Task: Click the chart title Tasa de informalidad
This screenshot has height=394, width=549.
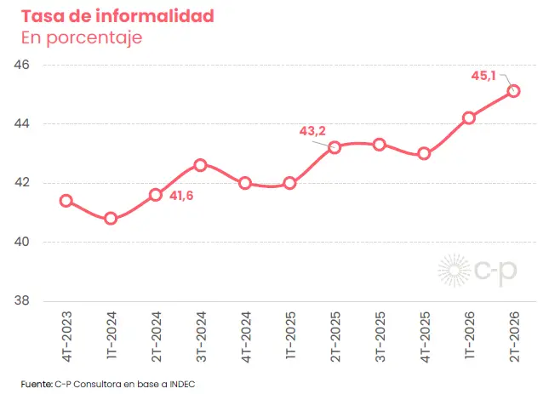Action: click(x=117, y=16)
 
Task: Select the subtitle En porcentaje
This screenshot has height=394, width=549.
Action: click(x=82, y=37)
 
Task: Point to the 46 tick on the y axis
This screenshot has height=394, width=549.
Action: click(x=21, y=65)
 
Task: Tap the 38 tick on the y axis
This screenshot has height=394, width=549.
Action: click(x=21, y=300)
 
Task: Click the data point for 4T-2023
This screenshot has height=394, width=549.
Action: click(x=66, y=201)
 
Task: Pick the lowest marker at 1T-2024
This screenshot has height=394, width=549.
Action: click(x=111, y=219)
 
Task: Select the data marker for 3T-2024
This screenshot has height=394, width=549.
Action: click(x=200, y=165)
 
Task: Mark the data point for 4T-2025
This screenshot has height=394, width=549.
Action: click(x=424, y=154)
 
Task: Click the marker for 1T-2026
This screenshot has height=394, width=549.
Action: click(x=469, y=118)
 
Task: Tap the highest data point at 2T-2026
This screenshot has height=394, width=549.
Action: click(x=513, y=91)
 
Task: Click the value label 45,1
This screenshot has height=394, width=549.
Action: click(x=483, y=76)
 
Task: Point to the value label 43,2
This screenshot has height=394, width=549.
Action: click(x=312, y=131)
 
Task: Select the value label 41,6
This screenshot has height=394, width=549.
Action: click(x=181, y=196)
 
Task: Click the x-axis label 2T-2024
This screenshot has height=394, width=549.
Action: click(x=156, y=337)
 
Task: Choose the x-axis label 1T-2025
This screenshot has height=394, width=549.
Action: click(x=290, y=335)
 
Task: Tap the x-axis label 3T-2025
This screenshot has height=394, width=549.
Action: click(x=380, y=337)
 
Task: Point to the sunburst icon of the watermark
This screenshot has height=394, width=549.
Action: click(x=455, y=271)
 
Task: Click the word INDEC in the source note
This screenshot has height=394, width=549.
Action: click(x=182, y=384)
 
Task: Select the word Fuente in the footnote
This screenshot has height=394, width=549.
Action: click(x=37, y=384)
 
